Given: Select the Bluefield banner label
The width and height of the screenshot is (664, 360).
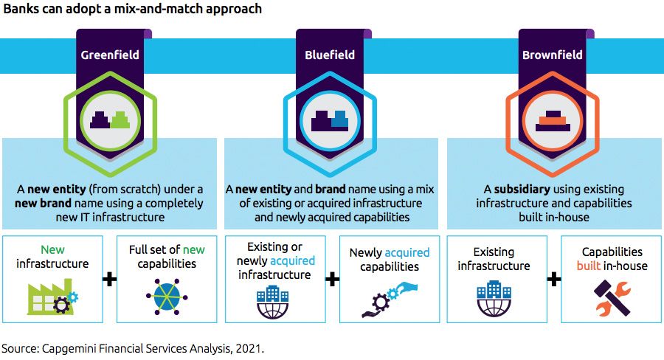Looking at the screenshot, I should pyautogui.click(x=330, y=55).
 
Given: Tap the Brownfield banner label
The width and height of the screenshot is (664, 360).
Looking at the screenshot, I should pyautogui.click(x=552, y=55).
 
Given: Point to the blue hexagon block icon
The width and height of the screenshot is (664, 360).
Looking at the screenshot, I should pyautogui.click(x=330, y=120).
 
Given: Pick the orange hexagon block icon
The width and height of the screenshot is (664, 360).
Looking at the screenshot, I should pyautogui.click(x=552, y=120).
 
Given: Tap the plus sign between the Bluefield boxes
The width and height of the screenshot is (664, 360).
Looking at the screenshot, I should pyautogui.click(x=331, y=280).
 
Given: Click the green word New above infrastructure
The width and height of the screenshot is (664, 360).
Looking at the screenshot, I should pyautogui.click(x=52, y=250).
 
